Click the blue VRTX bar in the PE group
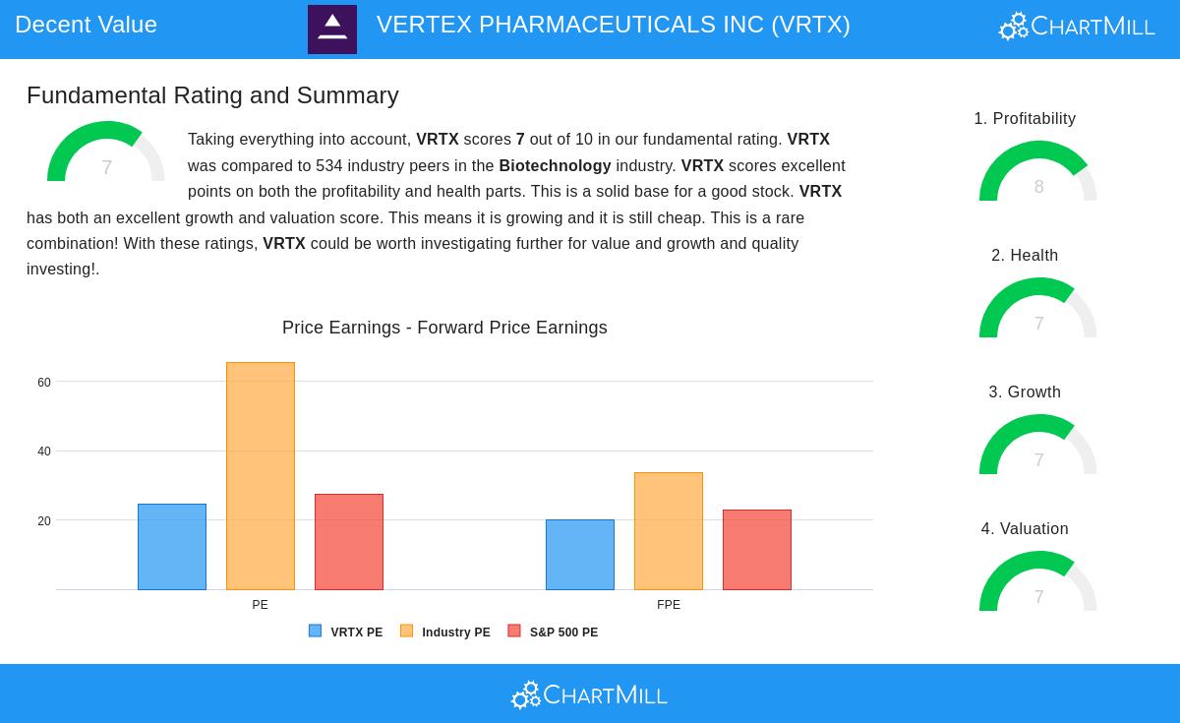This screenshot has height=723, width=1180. [172, 547]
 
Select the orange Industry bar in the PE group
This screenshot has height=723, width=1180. [261, 476]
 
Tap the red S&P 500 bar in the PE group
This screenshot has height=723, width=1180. [349, 542]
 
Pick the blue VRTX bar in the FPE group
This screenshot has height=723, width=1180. [580, 555]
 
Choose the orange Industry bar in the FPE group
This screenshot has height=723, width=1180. [669, 531]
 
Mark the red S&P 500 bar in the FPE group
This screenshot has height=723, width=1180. [757, 550]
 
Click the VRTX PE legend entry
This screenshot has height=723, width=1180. [346, 633]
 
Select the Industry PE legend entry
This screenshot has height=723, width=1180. [445, 633]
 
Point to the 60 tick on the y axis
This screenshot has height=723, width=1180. [44, 383]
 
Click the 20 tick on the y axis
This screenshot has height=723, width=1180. [44, 521]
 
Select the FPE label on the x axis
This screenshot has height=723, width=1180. [669, 605]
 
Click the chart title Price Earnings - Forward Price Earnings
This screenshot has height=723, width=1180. [444, 328]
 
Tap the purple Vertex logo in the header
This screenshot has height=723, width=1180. [332, 30]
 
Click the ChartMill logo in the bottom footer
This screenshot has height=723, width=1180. [589, 694]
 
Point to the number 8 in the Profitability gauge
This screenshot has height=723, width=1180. [1038, 187]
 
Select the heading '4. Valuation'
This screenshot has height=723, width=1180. [1025, 529]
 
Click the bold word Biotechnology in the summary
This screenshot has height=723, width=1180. [555, 166]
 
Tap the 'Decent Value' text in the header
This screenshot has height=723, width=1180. [87, 25]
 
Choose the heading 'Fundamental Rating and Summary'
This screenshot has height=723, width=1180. [212, 95]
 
